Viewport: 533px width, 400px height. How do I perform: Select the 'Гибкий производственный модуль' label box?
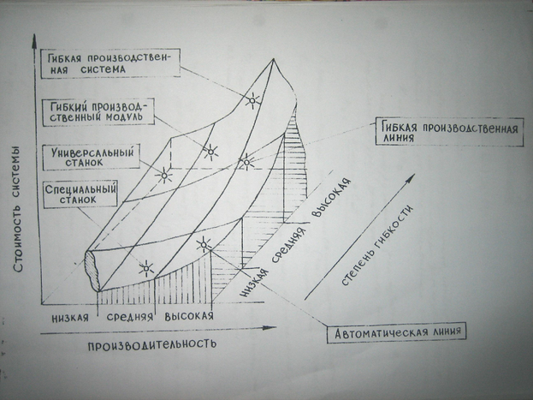(97, 110)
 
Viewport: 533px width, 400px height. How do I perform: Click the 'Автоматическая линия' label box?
(401, 329)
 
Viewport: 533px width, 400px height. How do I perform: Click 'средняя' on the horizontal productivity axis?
(129, 316)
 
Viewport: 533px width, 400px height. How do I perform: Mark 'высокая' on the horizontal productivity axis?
(187, 316)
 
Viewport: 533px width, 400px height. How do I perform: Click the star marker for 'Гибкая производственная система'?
(251, 101)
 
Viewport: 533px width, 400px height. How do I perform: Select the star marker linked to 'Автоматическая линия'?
(203, 244)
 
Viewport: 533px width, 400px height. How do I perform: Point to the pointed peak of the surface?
(275, 59)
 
